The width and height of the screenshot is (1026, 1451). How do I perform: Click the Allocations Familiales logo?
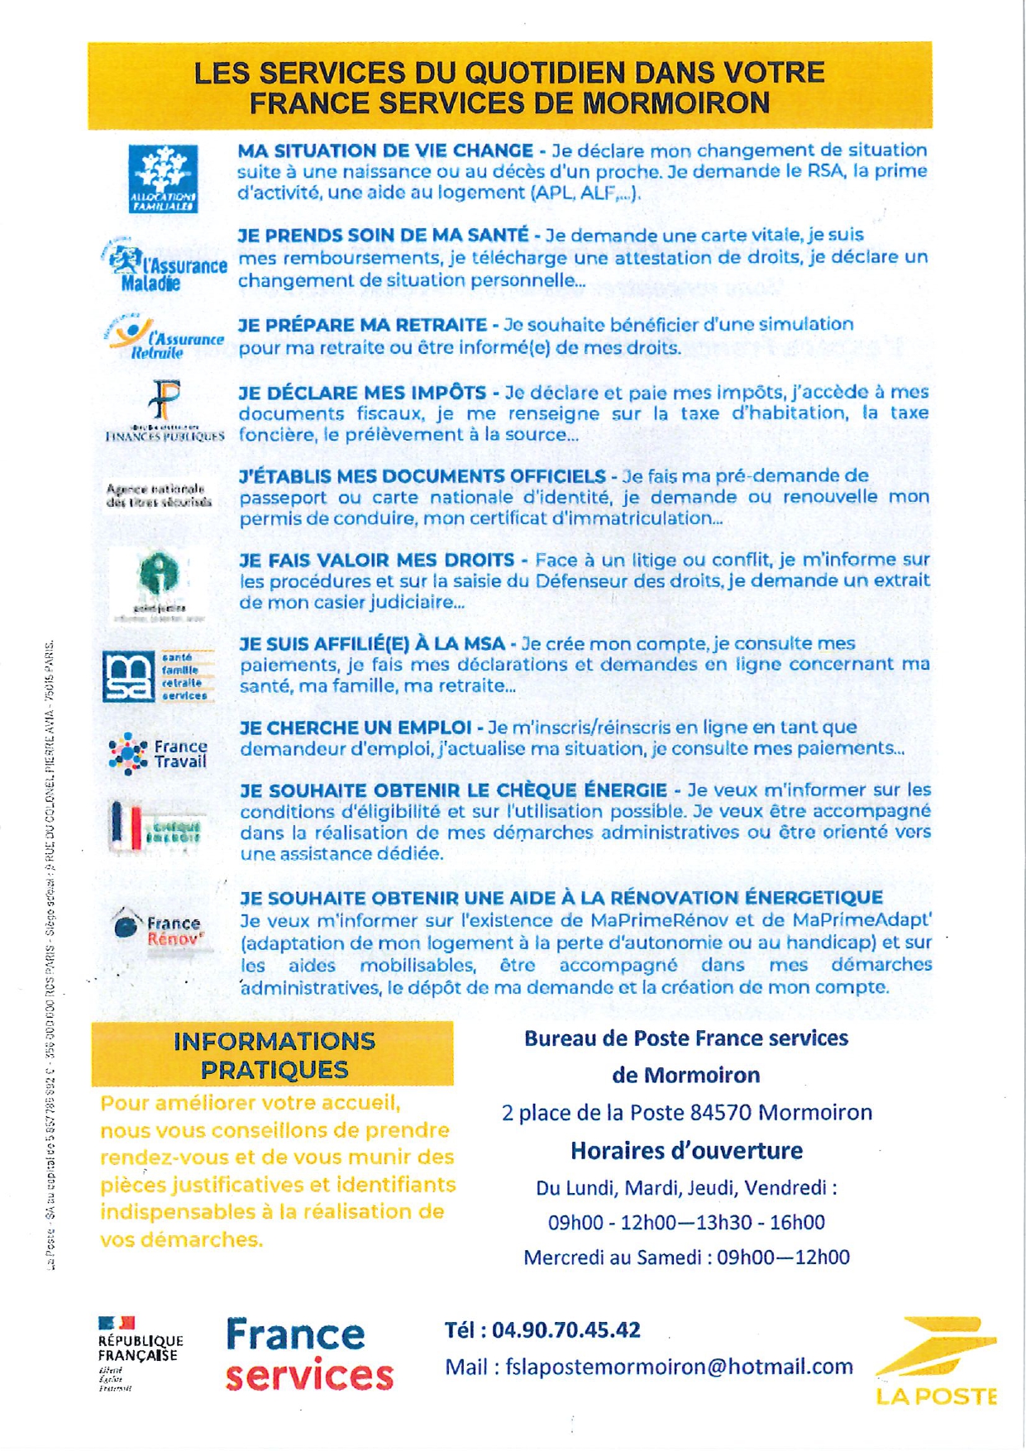point(163,179)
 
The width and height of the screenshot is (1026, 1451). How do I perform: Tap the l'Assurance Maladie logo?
point(165,266)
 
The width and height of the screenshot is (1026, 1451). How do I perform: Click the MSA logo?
point(157,676)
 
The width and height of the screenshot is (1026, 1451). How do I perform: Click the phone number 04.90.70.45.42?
point(566,1329)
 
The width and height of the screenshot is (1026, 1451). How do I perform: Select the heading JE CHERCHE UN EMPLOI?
point(356,728)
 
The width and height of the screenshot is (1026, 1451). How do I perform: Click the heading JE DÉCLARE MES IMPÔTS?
point(362,392)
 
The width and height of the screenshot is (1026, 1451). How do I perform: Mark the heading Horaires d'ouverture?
point(686,1150)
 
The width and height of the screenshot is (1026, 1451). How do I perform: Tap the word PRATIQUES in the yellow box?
point(274,1070)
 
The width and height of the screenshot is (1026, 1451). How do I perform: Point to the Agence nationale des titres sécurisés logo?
point(159,495)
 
